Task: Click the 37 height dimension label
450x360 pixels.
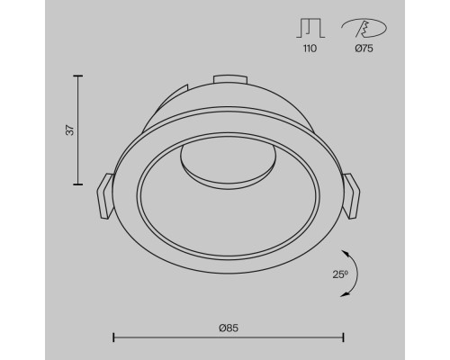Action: click(x=70, y=130)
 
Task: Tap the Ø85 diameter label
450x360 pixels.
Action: click(x=229, y=328)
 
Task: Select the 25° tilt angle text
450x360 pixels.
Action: click(x=340, y=274)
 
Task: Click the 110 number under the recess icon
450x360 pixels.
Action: click(x=310, y=49)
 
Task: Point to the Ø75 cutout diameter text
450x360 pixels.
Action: click(x=364, y=49)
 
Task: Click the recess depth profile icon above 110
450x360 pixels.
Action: click(x=310, y=28)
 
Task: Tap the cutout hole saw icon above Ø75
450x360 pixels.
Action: click(x=364, y=28)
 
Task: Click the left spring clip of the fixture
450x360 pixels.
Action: click(x=105, y=196)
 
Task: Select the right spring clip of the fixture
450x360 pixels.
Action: click(x=351, y=196)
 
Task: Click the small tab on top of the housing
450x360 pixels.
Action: click(x=230, y=78)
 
